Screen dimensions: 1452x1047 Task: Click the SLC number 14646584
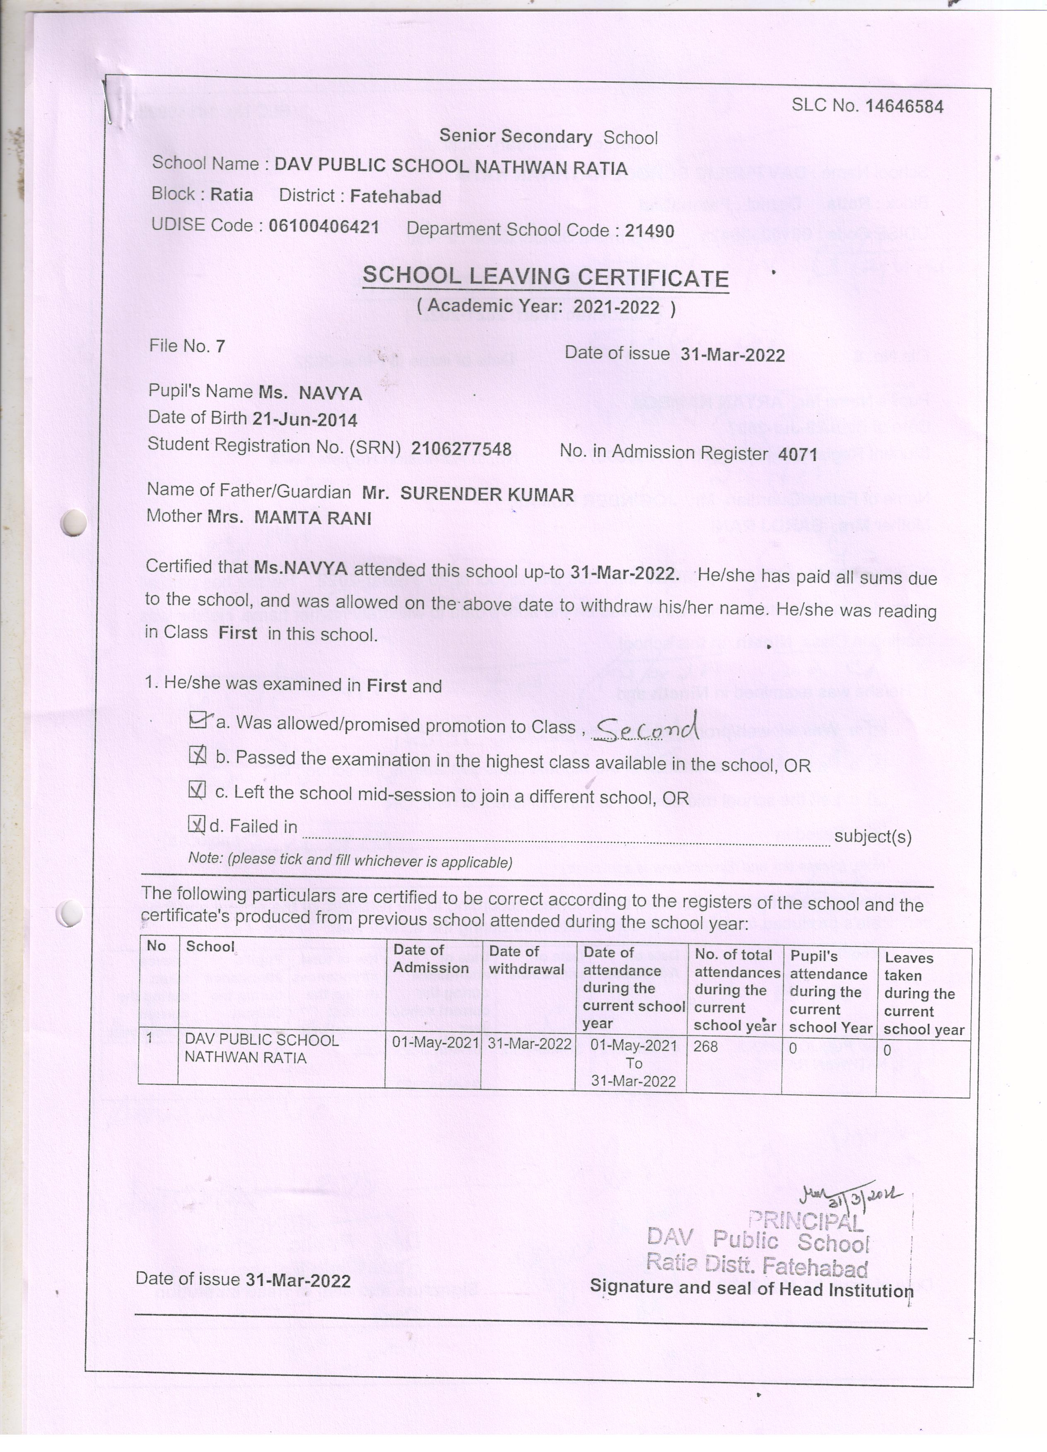click(x=904, y=106)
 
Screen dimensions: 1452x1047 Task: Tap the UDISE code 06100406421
click(x=323, y=226)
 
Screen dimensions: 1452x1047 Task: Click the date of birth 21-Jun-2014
click(x=305, y=420)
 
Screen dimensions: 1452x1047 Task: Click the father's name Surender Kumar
click(x=487, y=494)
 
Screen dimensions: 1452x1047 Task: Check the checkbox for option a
click(x=198, y=720)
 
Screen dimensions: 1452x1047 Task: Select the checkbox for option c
click(x=197, y=791)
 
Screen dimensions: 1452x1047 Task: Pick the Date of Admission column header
click(x=431, y=958)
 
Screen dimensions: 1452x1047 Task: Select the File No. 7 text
click(x=187, y=347)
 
